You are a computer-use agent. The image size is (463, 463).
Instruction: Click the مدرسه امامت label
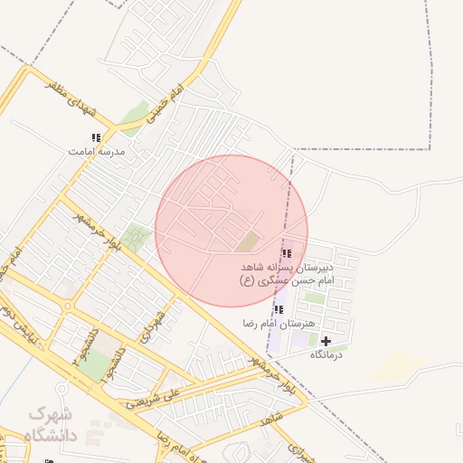[96, 152]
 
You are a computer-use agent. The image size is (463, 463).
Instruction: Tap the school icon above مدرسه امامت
[96, 137]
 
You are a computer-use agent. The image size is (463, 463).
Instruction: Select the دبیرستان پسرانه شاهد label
[288, 268]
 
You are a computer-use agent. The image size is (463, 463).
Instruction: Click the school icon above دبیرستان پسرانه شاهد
[287, 253]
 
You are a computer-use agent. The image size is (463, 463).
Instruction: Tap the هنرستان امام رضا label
[279, 323]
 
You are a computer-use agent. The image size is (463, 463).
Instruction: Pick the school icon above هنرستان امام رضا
[279, 309]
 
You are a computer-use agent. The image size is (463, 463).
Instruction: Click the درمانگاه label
[326, 355]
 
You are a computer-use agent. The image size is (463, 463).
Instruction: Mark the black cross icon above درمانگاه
[326, 341]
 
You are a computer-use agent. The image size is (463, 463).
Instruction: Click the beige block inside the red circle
[248, 241]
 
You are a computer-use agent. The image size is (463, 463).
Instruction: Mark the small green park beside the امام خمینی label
[135, 116]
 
